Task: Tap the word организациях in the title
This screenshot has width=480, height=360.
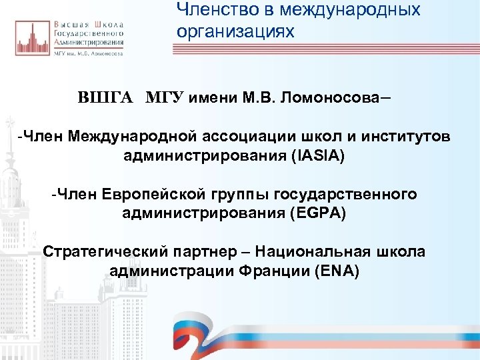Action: point(235,31)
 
